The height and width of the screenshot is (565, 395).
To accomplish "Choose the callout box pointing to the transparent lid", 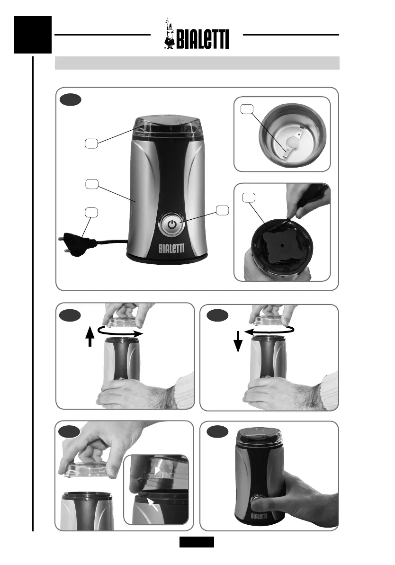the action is point(91,143).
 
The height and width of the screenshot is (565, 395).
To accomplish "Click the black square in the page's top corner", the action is point(32,35).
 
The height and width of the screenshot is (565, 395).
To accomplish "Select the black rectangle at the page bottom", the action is point(197,541).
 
